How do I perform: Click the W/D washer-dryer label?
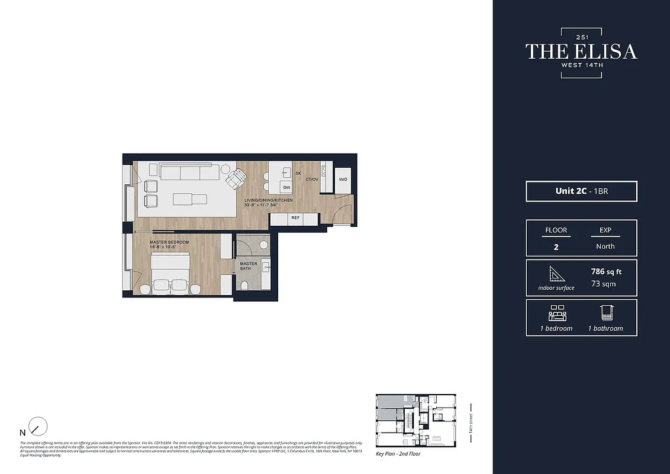click(x=343, y=179)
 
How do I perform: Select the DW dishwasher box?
click(x=286, y=187)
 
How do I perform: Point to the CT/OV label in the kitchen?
click(x=312, y=179)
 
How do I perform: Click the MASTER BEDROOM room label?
click(x=169, y=243)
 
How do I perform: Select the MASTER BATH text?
click(x=249, y=266)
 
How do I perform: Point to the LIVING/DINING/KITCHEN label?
click(x=268, y=201)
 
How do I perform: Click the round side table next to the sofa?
click(x=226, y=169)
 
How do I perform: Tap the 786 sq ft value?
click(x=606, y=272)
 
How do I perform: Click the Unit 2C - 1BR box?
click(x=581, y=191)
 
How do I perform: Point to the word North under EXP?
click(x=605, y=246)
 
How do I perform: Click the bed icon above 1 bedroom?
click(x=556, y=313)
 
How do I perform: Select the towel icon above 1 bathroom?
click(x=605, y=313)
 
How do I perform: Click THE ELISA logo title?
click(x=581, y=52)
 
